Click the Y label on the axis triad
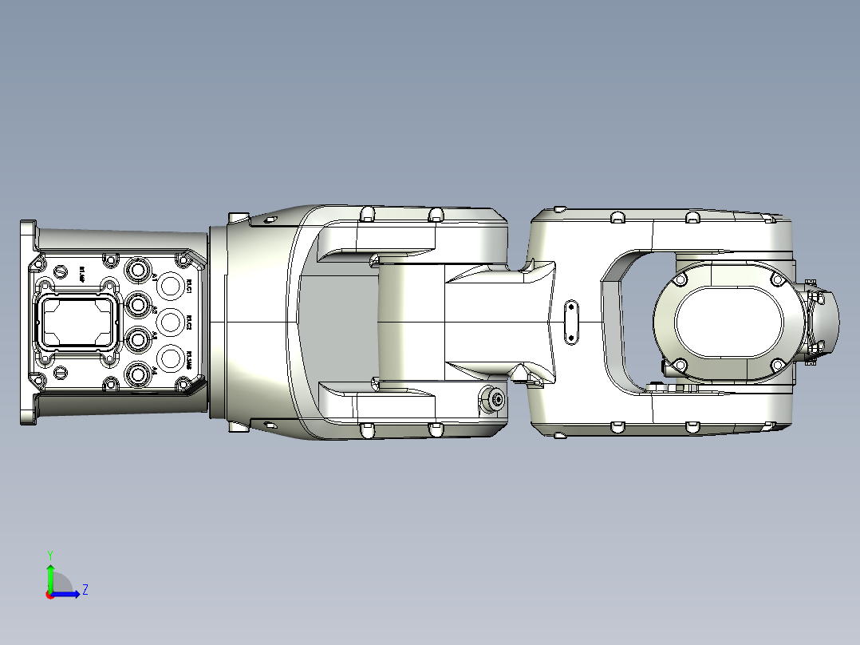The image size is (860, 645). point(49,553)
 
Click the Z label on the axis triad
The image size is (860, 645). point(85,590)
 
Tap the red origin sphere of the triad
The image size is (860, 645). point(49,594)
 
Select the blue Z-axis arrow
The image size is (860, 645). point(68,593)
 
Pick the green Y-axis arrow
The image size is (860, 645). point(49,575)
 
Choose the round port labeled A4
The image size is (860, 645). point(138,373)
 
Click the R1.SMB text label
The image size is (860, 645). point(188,360)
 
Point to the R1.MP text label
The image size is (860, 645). point(81,275)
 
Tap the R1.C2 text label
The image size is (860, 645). point(188,322)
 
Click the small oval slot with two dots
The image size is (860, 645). point(571,322)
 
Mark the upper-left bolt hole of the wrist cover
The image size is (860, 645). point(680,280)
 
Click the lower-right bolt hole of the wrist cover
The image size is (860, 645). point(777,365)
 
